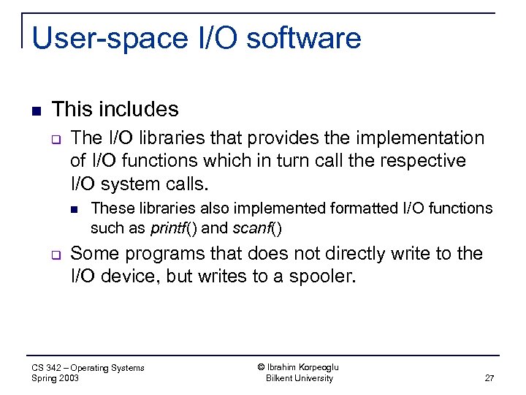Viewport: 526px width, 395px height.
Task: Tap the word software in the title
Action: [x=305, y=39]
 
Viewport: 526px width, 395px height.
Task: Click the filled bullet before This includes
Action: [x=36, y=111]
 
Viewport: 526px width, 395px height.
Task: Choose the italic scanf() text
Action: [x=257, y=227]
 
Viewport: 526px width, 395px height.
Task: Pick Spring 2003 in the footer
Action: [x=56, y=378]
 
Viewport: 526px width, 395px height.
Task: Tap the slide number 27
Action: [x=489, y=378]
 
